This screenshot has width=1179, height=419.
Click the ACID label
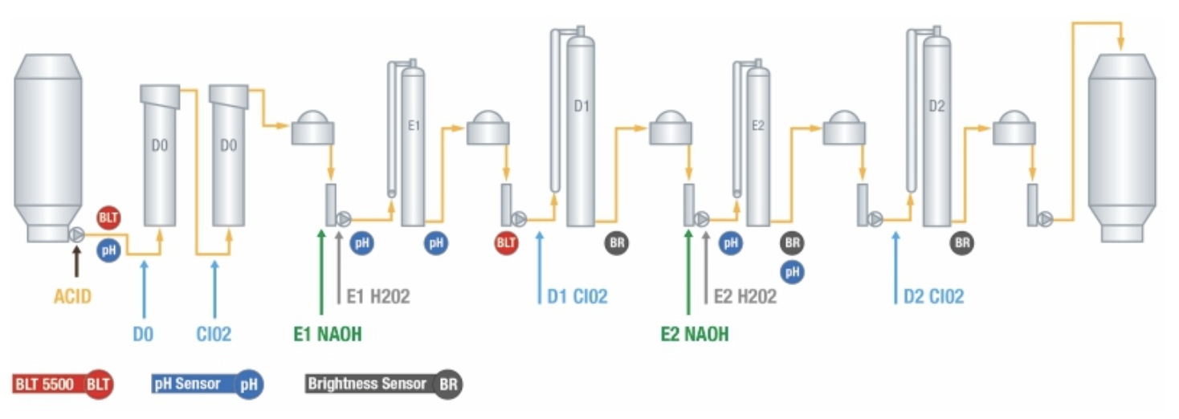coord(72,297)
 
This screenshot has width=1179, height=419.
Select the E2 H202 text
coord(745,297)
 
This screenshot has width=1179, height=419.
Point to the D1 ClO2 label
coord(577,297)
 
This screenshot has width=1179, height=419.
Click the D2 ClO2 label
coord(933,297)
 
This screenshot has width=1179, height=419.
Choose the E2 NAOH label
coord(695,334)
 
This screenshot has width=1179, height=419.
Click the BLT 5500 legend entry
coord(63,384)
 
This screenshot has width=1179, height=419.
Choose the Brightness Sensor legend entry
coord(384,384)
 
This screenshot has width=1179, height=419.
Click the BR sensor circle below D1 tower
coord(618,242)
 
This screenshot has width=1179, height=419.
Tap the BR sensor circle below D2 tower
coord(962,242)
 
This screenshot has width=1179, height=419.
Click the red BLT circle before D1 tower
coord(506,242)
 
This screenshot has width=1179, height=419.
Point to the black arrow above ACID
coord(77,261)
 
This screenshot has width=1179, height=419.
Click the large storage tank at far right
coord(1121,144)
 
